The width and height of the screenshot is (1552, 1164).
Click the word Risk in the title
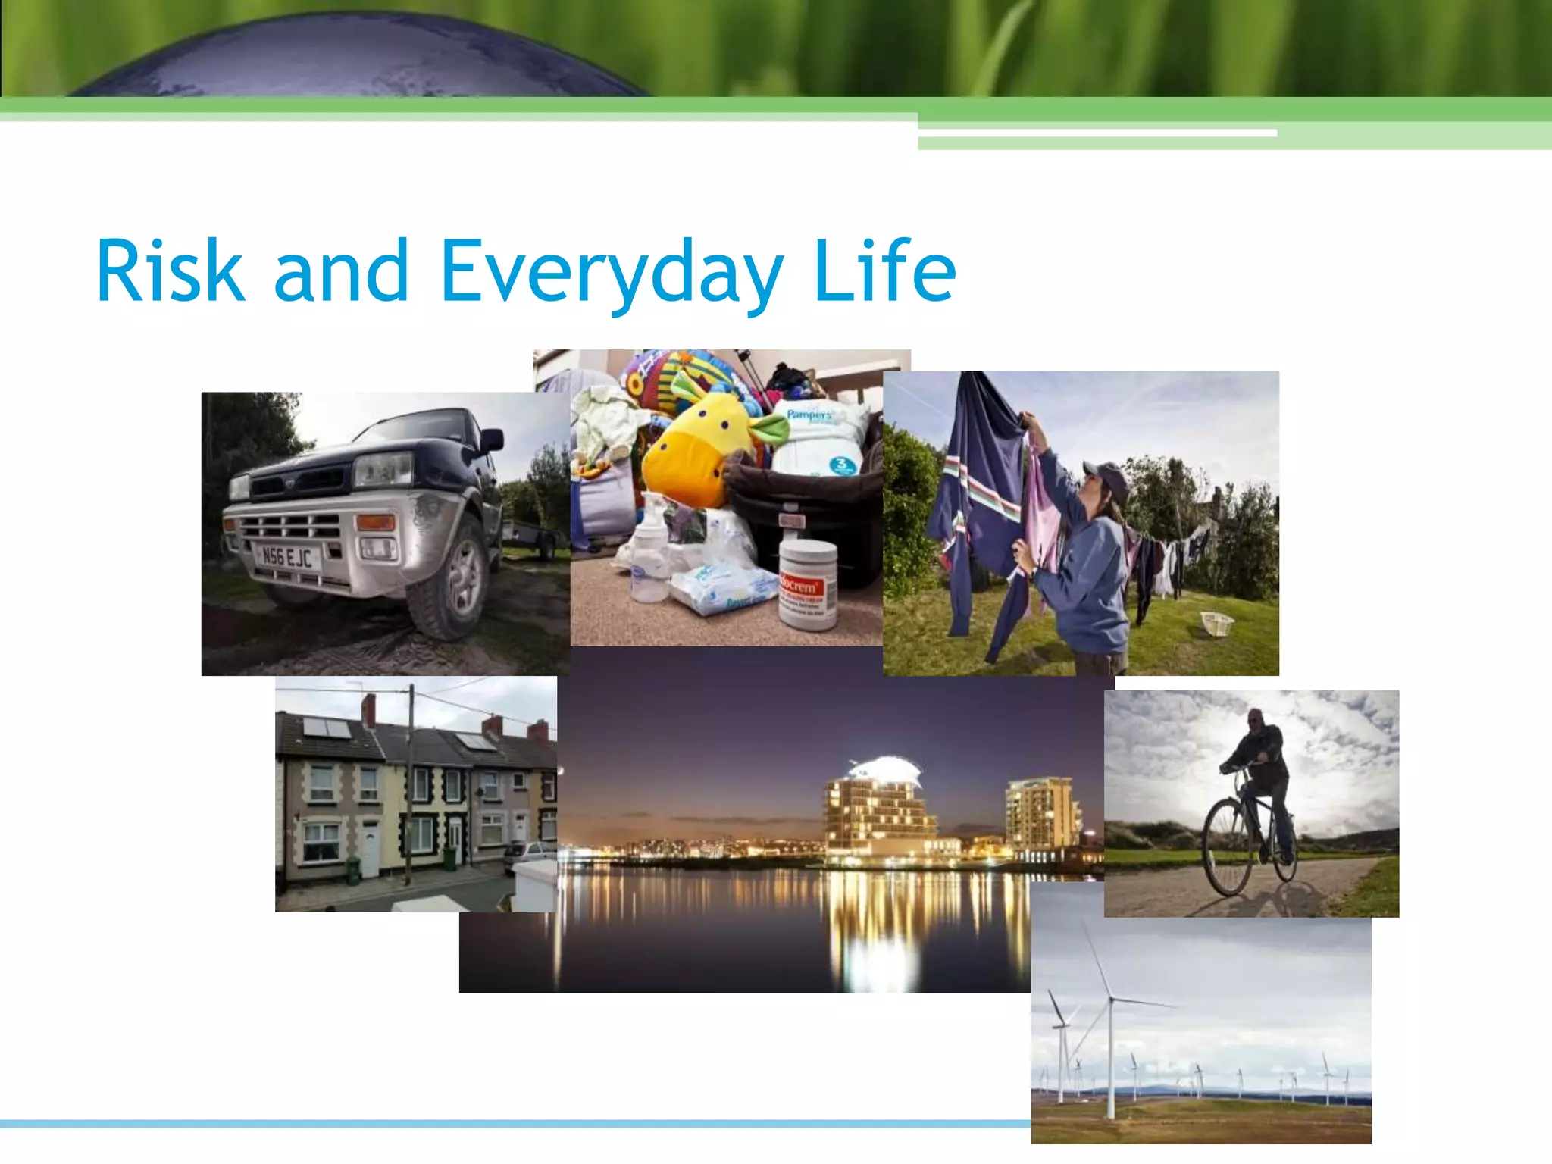click(171, 271)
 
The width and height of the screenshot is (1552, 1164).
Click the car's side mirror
click(490, 440)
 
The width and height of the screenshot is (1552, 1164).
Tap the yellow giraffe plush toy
click(693, 447)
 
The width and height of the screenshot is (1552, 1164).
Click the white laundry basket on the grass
click(1217, 624)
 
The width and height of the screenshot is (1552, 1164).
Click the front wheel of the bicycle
click(1228, 849)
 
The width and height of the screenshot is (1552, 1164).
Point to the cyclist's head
click(1256, 718)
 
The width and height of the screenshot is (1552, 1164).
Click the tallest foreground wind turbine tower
click(1111, 1061)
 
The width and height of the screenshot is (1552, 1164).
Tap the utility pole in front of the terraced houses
click(410, 788)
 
